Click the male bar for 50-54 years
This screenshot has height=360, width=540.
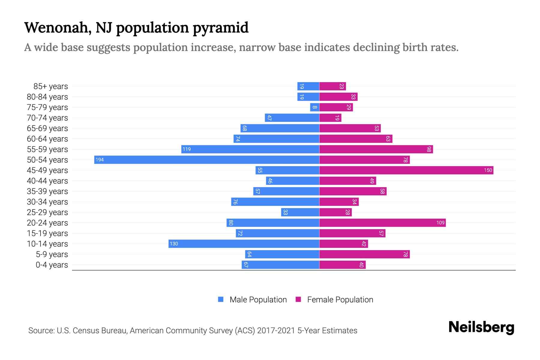coord(207,160)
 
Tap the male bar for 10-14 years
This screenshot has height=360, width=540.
coord(244,244)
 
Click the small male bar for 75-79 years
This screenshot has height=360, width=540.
coord(314,107)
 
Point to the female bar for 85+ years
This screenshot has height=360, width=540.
coord(332,86)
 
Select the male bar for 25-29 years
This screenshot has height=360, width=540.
coord(300,212)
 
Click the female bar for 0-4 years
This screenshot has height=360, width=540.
coord(342,265)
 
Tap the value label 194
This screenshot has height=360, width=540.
coord(100,160)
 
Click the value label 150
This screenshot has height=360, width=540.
coord(488,170)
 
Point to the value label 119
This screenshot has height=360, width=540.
coord(187,149)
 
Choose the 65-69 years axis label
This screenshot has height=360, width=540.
coord(47,128)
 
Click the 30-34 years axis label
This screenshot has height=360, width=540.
coord(47,202)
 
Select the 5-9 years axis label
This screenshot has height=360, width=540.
coord(52,254)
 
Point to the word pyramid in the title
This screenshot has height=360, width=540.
coord(220,28)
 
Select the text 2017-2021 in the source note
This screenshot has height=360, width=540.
coord(276,331)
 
